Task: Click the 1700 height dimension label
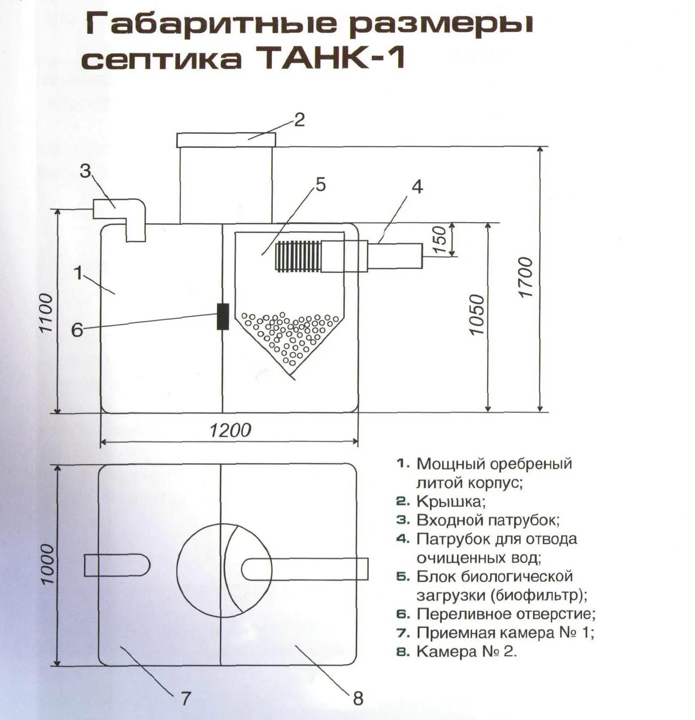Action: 525,277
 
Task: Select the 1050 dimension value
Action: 477,315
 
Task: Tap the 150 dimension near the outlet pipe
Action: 440,240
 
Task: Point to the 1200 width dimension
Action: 230,430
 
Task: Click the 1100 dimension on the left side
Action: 46,313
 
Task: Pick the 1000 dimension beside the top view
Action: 47,564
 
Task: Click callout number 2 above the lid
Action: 299,120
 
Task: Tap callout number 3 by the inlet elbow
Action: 85,171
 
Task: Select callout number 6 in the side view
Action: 77,330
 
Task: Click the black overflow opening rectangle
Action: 223,316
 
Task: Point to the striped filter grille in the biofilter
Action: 298,257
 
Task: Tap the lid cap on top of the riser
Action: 226,140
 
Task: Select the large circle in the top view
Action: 224,570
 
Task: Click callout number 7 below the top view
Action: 185,698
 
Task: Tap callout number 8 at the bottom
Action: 358,698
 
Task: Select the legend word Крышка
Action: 450,501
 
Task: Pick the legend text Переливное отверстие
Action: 506,614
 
